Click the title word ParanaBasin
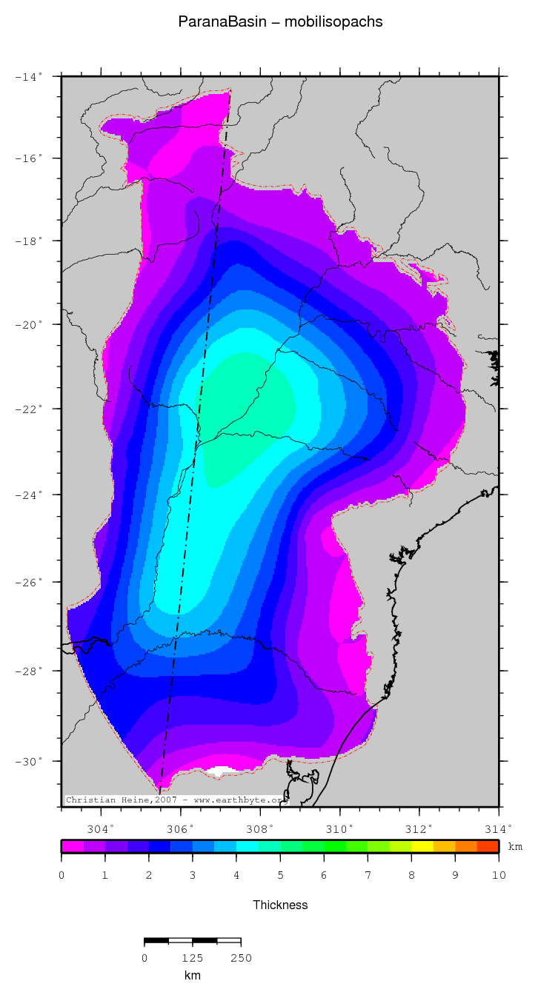pos(214,22)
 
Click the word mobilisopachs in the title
pos(340,22)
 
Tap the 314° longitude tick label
pos(498,828)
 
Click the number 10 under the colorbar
pos(498,875)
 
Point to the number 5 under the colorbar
pos(280,875)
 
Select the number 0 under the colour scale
pos(62,875)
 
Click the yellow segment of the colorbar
pos(422,846)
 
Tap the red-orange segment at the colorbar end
pos(488,846)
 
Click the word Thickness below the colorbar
pos(280,905)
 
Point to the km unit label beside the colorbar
pos(515,846)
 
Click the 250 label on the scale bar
pos(241,958)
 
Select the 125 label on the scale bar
pos(193,958)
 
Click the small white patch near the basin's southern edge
pos(223,771)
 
